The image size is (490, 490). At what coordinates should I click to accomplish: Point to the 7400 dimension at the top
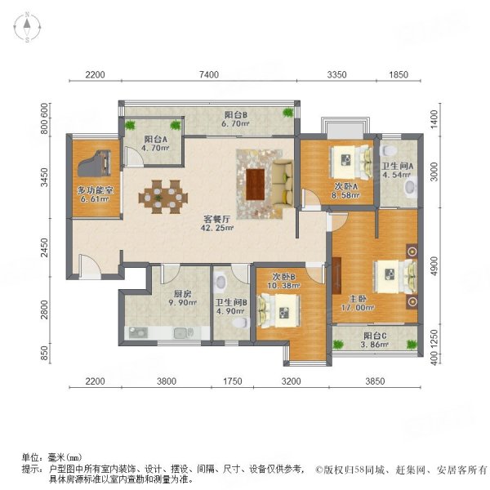(x=208, y=75)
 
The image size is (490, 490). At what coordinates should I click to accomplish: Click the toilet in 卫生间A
(x=390, y=152)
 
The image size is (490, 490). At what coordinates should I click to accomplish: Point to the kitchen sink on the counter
(x=138, y=332)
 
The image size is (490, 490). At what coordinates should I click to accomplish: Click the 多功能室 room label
(x=94, y=194)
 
